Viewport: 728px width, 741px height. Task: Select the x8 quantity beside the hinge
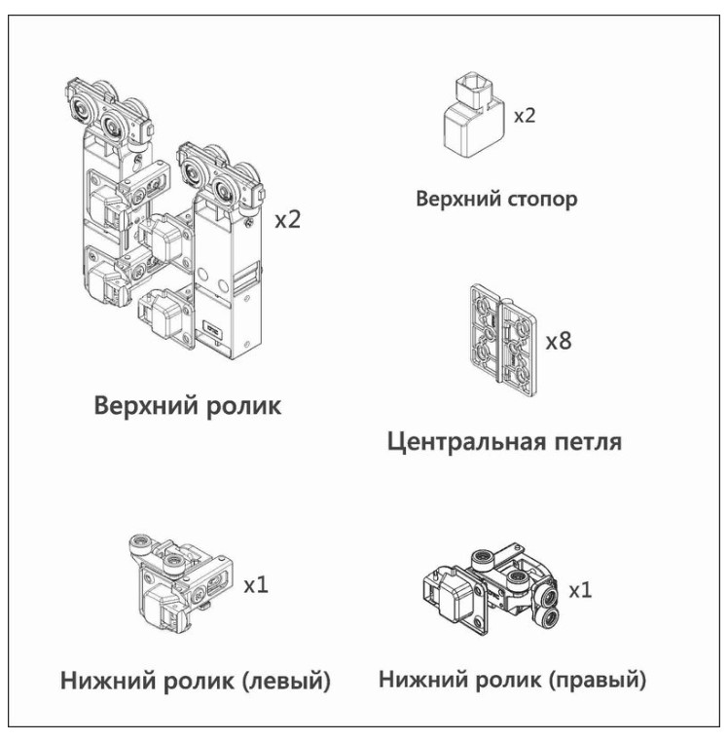click(x=559, y=342)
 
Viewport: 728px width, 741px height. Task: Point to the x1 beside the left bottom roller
click(x=256, y=585)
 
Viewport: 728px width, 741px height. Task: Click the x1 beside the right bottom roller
click(x=581, y=590)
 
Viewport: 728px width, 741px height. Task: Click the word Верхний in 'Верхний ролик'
click(x=143, y=405)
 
